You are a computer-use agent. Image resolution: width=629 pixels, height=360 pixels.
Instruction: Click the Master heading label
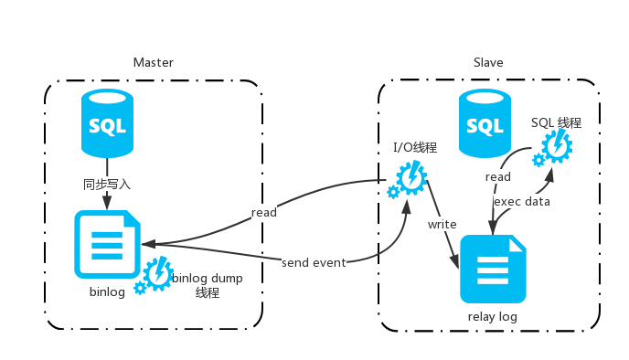pos(153,63)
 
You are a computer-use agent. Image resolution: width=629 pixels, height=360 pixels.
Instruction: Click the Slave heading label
pos(488,63)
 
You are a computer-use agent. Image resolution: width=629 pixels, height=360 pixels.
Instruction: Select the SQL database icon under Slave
pos(485,123)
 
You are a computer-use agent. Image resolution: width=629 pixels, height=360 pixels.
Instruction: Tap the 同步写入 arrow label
pos(107,184)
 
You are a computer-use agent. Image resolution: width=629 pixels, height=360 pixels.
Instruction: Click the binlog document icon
pos(108,244)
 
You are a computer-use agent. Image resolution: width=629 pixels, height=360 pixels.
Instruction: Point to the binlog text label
pos(107,292)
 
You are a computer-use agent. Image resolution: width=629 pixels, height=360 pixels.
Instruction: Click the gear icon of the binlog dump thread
pos(155,276)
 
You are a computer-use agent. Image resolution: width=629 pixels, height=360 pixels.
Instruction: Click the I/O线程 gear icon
pos(408,177)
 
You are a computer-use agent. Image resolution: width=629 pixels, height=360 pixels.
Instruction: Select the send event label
pos(314,263)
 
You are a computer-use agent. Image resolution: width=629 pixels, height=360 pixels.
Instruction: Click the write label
pos(442,224)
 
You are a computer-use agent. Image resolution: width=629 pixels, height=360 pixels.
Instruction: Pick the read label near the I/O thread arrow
pos(263,212)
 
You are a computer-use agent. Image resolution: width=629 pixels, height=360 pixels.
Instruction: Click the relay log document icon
pos(493,269)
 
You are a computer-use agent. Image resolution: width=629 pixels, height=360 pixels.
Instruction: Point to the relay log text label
pos(493,317)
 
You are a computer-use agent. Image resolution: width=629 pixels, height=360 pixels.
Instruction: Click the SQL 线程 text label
pos(556,122)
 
